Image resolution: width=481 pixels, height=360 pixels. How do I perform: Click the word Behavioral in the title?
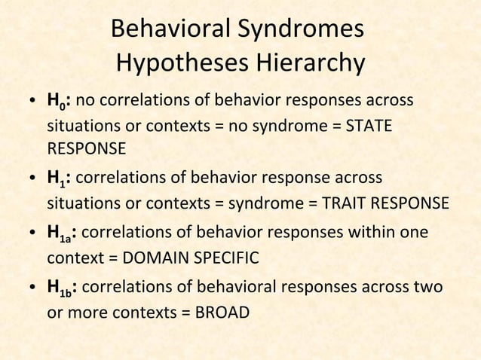(165, 30)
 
